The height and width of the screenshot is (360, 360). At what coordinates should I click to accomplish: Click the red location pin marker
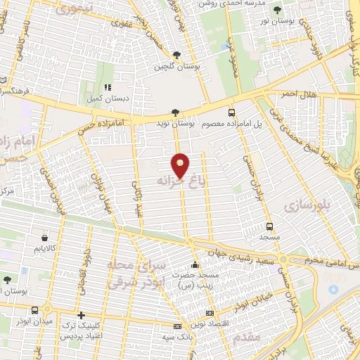pos(181,166)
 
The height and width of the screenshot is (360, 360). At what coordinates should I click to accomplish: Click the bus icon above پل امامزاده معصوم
pos(231,112)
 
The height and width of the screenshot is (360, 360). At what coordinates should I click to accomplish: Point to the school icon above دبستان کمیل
pos(108,87)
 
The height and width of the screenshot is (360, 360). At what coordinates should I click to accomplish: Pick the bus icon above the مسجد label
pos(269,226)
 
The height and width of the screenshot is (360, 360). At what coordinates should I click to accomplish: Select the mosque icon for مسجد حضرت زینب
pos(195,265)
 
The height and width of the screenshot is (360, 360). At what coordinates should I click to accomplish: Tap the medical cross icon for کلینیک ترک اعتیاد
pos(82,316)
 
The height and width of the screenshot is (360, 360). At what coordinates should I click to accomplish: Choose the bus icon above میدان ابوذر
pos(35,310)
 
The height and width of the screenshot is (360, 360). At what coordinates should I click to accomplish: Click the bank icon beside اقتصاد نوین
pos(209,312)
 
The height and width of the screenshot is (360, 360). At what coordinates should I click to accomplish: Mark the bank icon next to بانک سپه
pos(177,327)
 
